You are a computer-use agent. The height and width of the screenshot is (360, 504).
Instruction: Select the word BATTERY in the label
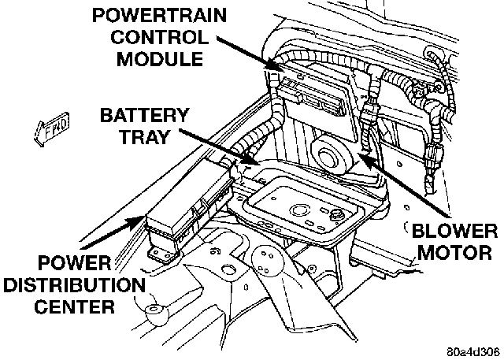[x=144, y=116]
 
